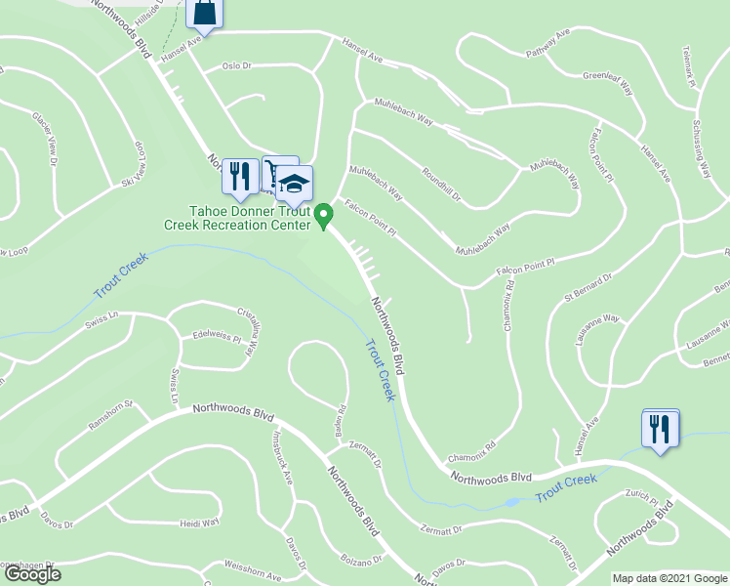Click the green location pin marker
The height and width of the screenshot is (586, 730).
325,215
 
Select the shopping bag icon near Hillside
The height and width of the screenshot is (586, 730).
207,12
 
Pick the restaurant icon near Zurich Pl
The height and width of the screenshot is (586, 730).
660,428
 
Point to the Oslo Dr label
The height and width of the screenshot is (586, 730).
236,66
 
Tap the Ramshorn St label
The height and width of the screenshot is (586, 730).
109,415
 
